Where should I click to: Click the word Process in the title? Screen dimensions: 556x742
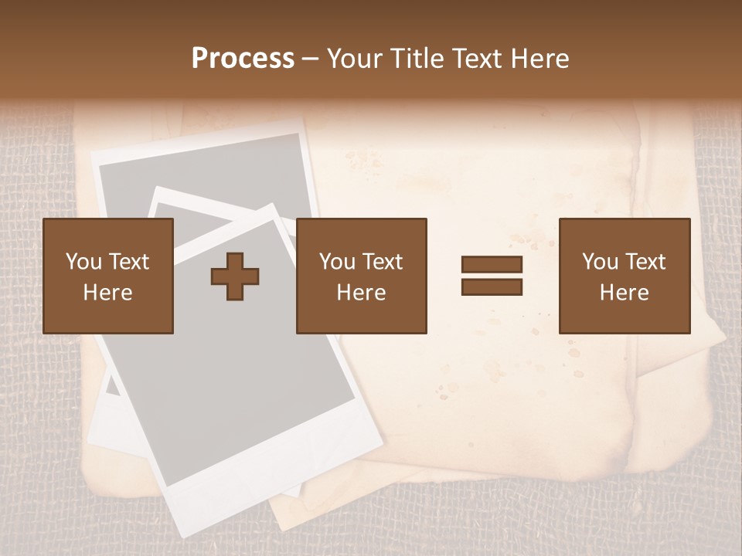[x=243, y=59]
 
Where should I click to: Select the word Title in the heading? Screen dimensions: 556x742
[x=417, y=59]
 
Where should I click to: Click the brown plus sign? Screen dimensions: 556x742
[x=235, y=276]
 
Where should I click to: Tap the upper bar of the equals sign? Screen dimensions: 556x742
[x=492, y=265]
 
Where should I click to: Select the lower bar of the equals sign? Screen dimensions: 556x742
[x=492, y=287]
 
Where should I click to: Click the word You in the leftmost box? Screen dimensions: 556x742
[x=83, y=262]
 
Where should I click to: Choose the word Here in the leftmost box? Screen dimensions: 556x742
[x=107, y=293]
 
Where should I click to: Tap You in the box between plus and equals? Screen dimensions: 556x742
[x=336, y=262]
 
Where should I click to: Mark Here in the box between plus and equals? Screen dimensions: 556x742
[x=361, y=293]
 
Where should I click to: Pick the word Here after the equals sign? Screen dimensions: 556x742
[x=624, y=293]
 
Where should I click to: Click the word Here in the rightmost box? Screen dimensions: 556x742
[x=624, y=293]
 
